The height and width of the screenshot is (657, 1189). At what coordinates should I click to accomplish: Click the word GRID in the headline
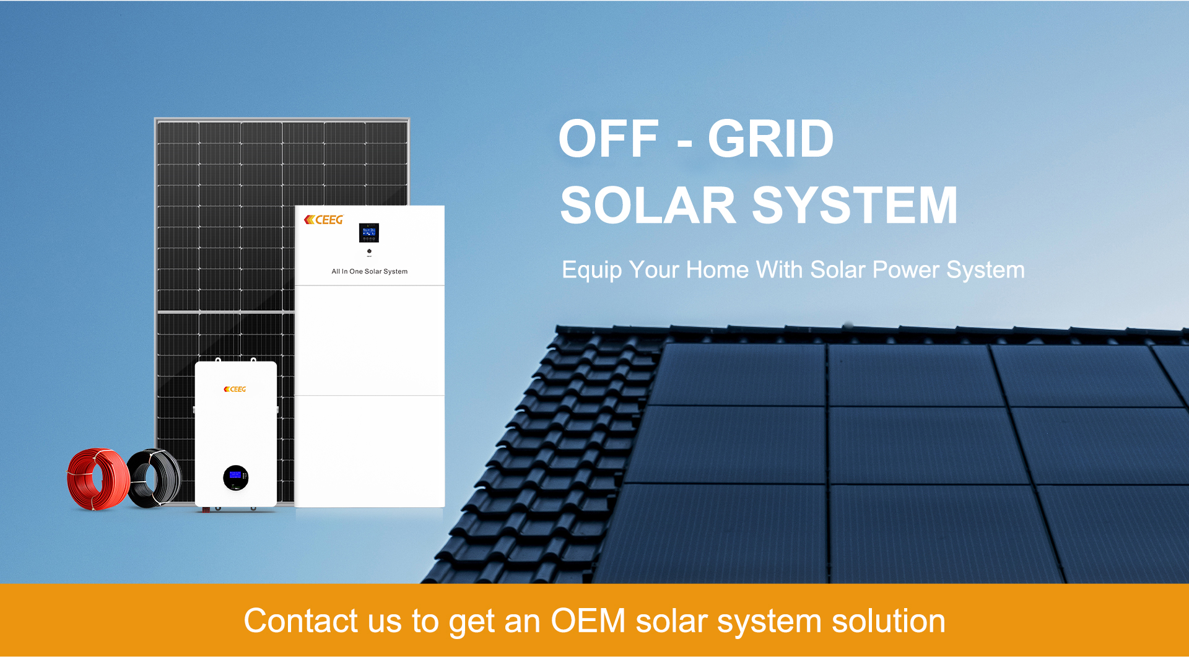770,139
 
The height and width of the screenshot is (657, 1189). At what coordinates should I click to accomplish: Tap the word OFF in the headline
609,139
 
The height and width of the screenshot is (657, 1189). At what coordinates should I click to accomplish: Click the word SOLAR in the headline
648,205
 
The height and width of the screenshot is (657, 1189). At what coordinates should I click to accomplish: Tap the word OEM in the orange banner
588,620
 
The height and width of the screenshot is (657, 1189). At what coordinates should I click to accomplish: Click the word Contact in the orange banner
301,620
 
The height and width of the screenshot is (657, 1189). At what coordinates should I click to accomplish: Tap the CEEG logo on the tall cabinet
323,220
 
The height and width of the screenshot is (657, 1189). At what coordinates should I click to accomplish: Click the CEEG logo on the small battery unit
235,389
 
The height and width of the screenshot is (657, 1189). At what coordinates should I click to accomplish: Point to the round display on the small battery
235,477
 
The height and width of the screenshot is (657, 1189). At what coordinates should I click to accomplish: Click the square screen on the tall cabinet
369,233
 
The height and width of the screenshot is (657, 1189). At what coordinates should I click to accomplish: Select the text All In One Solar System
370,271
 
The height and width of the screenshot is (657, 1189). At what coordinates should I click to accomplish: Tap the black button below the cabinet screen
369,251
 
